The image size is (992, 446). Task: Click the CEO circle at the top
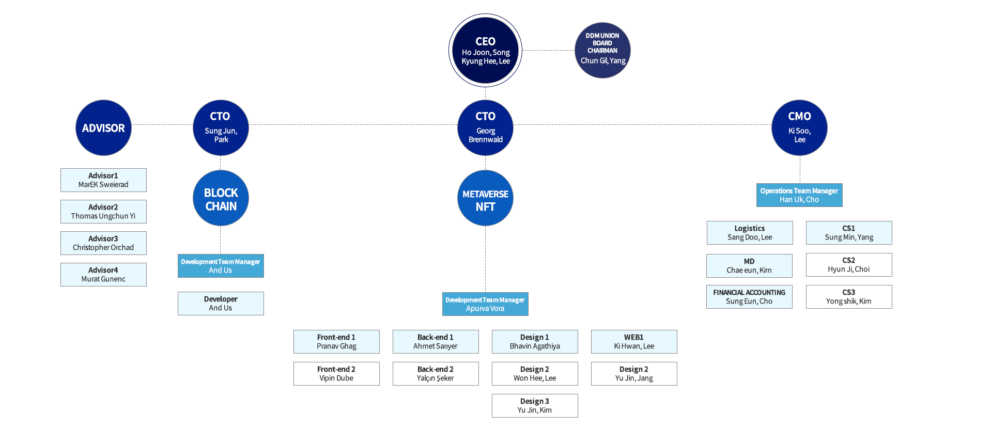pos(485,51)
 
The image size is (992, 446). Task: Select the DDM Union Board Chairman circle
pos(602,50)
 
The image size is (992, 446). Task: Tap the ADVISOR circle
pos(103,128)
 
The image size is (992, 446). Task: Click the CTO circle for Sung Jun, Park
pos(221,128)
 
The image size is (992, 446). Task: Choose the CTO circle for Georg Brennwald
pos(485,128)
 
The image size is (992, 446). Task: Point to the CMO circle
pos(799,128)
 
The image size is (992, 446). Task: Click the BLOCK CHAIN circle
pos(221,198)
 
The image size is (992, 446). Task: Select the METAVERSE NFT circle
pos(485,198)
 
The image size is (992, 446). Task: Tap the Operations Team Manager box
pos(799,195)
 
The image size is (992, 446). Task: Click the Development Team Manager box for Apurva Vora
pos(485,304)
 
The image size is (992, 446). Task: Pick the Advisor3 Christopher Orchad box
pos(103,243)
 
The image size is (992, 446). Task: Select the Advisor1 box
pos(103,180)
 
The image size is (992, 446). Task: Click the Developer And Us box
pos(221,304)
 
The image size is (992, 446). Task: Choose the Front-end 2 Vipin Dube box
pos(336,374)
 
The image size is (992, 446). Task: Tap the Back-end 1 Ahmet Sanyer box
pos(436,342)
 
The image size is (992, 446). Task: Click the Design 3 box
pos(535,406)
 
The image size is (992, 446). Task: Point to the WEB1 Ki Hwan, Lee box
pos(634,342)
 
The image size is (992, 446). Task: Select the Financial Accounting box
pos(749,297)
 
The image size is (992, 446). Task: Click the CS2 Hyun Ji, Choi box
pos(849,265)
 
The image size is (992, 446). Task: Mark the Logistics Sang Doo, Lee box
pos(750,233)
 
